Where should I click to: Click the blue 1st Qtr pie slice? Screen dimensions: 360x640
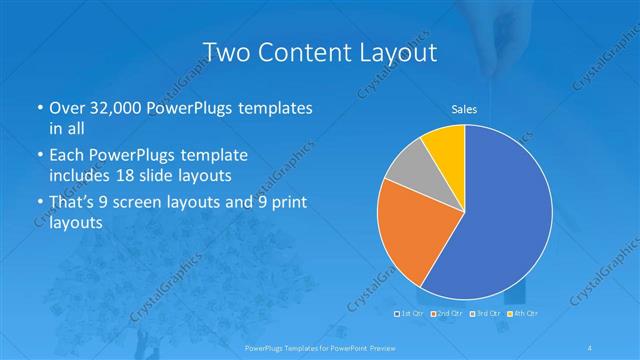500,220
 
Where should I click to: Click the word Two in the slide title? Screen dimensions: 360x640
226,52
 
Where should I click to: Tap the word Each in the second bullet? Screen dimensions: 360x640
67,156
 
